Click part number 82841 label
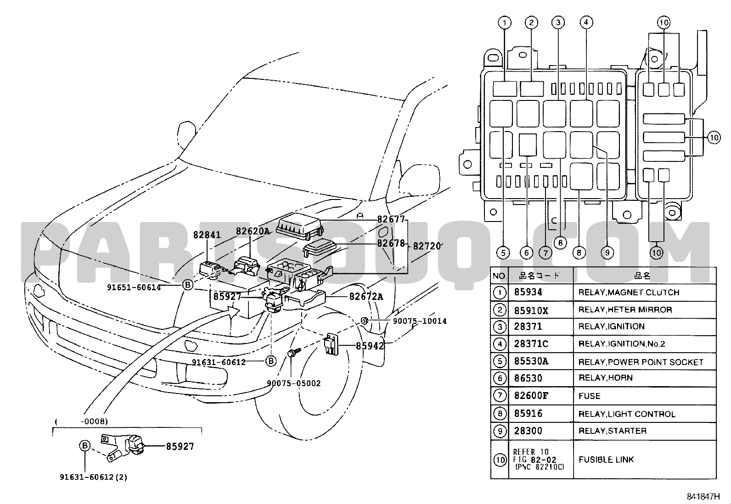[207, 235]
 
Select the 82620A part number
[253, 232]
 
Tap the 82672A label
[366, 297]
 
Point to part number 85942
[370, 345]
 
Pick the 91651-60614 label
[134, 288]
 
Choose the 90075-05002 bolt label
[294, 383]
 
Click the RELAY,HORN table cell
[605, 378]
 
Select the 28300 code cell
[528, 431]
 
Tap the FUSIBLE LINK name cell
[606, 460]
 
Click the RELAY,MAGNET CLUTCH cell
[629, 293]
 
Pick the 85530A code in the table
[531, 361]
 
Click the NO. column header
[500, 276]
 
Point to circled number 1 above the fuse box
[504, 22]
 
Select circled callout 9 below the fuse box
[607, 253]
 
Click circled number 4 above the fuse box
[585, 22]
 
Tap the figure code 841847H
[703, 496]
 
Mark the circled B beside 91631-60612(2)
[84, 445]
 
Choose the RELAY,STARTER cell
[612, 431]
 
